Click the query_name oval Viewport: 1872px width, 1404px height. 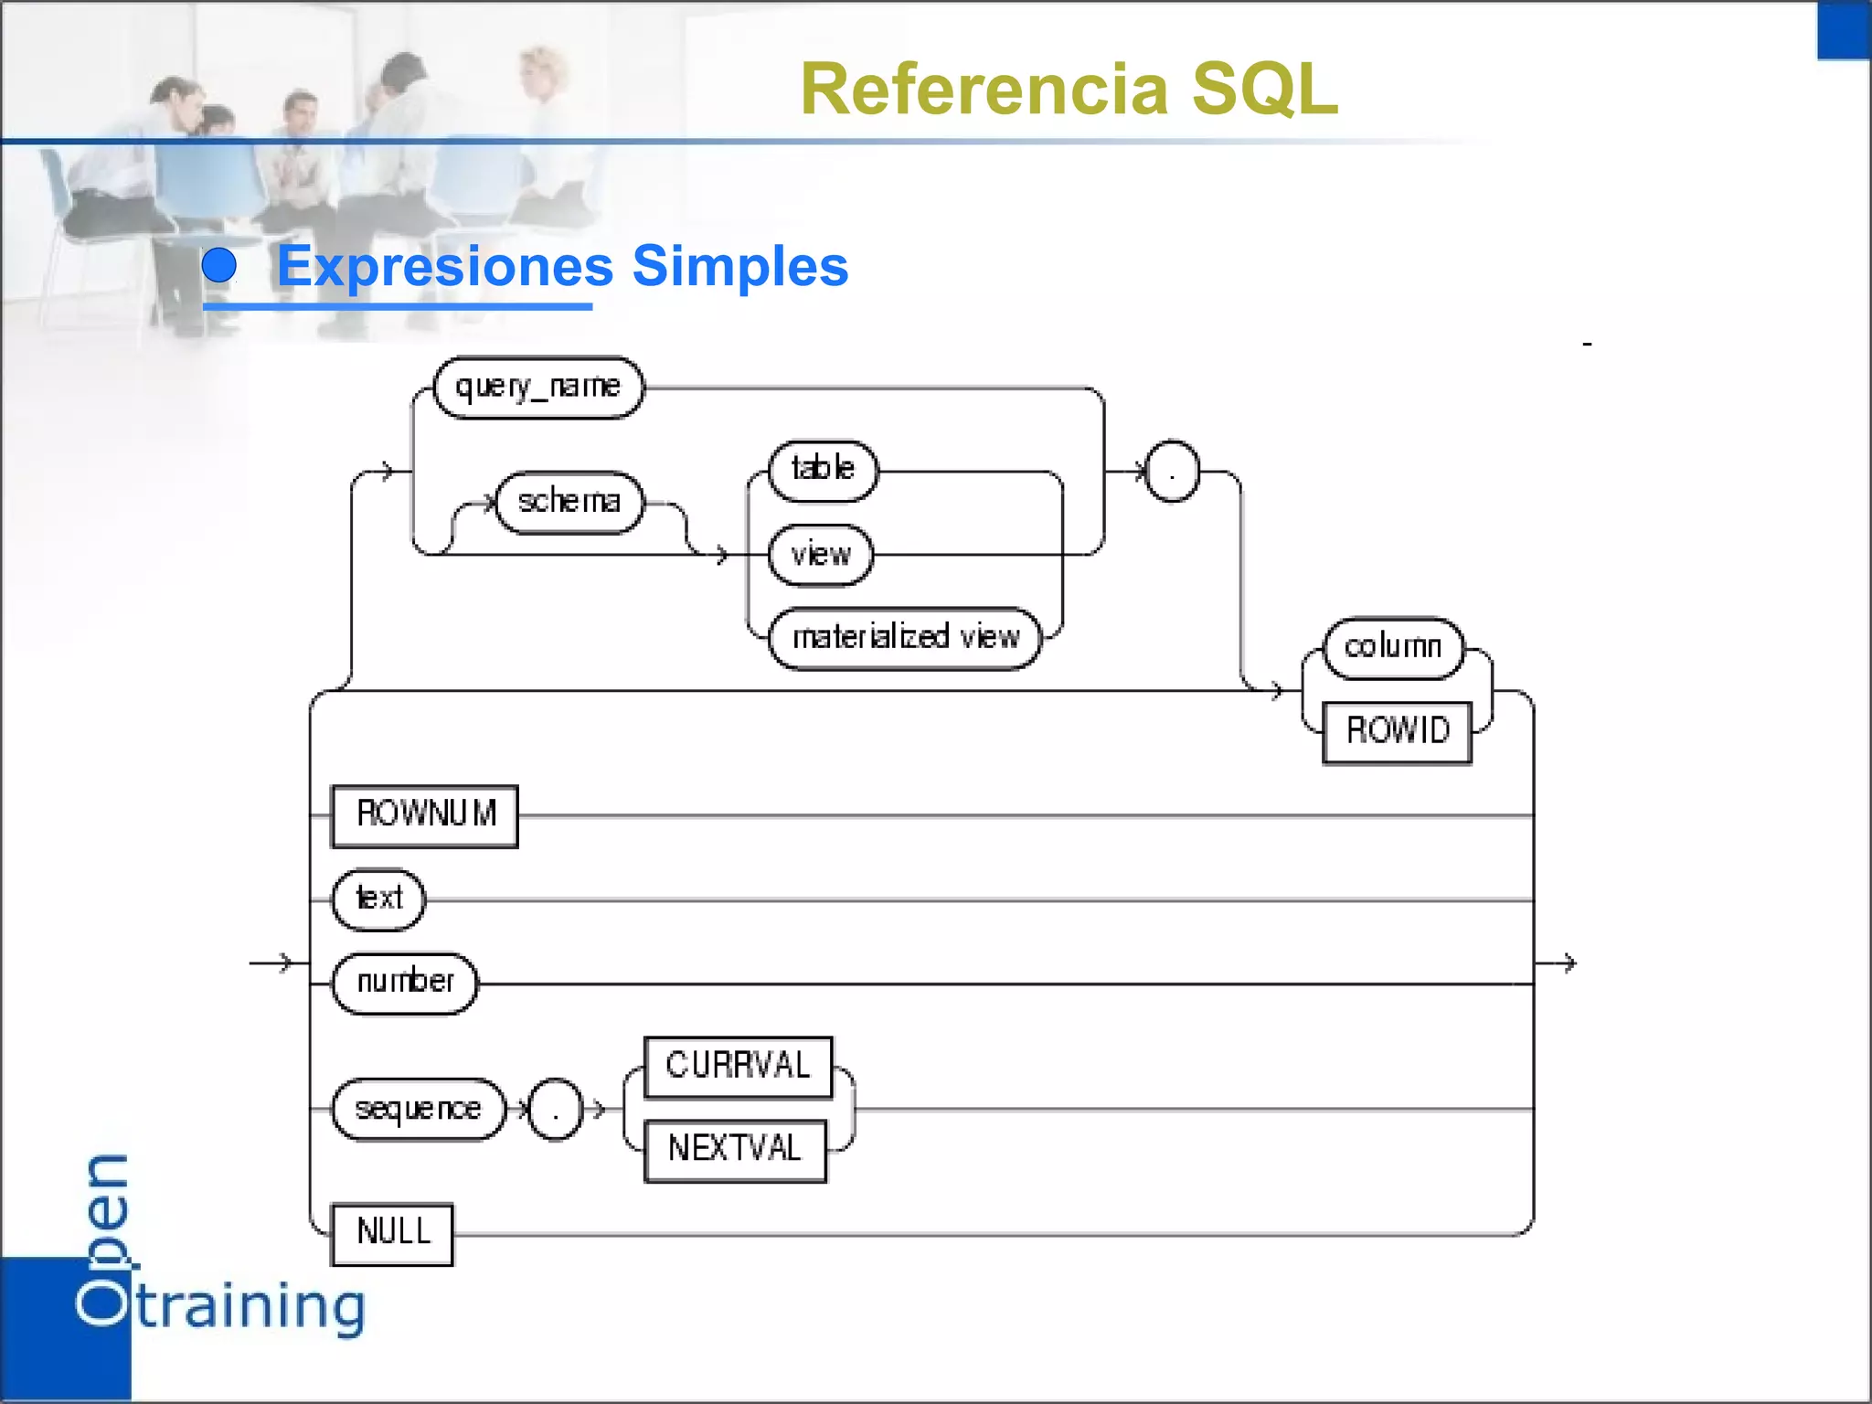[x=537, y=388]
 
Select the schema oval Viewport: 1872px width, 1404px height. [x=569, y=502]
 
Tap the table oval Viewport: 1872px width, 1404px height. [x=823, y=470]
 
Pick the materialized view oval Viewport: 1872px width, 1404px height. [x=905, y=637]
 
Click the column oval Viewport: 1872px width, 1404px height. [x=1393, y=647]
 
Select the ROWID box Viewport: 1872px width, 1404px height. [x=1397, y=731]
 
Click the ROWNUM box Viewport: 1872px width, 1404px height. [x=425, y=815]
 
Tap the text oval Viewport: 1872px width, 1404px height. [x=379, y=899]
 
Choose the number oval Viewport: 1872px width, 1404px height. [x=405, y=983]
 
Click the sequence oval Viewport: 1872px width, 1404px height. [x=418, y=1110]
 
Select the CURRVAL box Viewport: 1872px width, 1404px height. [x=738, y=1067]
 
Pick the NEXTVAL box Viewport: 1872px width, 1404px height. [x=735, y=1150]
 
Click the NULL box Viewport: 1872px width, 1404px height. [x=392, y=1233]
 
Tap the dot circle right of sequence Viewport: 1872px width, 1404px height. [x=555, y=1110]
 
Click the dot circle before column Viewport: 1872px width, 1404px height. [x=1172, y=471]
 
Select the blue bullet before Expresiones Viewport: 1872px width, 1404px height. [x=219, y=266]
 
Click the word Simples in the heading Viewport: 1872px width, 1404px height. [x=739, y=266]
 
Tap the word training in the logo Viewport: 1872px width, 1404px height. [x=251, y=1307]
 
